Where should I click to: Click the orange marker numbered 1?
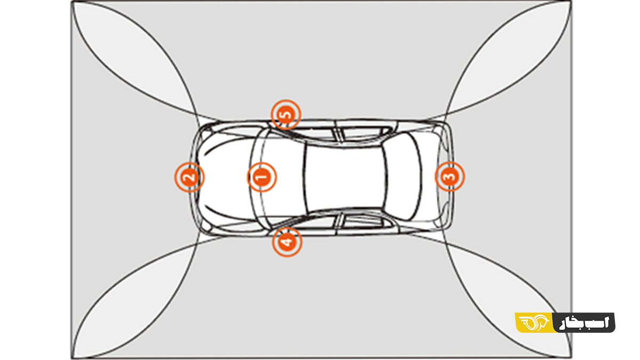coord(262,177)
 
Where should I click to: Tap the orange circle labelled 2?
coord(189,177)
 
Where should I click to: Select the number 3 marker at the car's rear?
coord(450,177)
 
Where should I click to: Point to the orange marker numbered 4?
coord(287,242)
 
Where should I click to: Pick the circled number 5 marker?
coord(286,115)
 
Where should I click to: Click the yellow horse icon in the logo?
coord(534,323)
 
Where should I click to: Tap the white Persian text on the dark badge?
coord(585,323)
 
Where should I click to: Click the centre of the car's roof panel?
coord(345,177)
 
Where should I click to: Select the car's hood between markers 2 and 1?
coord(226,177)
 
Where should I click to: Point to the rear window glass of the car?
coord(403,177)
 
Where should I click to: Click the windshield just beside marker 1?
coord(282,177)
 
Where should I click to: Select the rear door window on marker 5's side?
coord(367,134)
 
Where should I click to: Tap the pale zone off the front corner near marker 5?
coord(134,57)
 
